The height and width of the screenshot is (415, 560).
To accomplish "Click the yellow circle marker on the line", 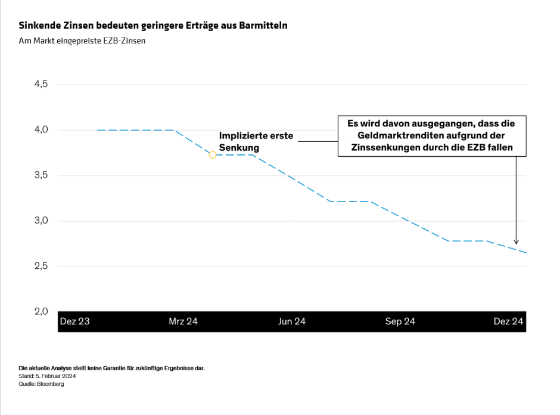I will [x=213, y=155].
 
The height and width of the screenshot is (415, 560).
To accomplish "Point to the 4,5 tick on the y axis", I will [x=41, y=84].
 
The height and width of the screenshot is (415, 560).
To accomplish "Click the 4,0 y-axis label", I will [x=41, y=130].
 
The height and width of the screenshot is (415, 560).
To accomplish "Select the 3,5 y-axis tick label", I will [x=41, y=175].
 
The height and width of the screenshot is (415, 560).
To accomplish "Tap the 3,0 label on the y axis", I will [x=41, y=221].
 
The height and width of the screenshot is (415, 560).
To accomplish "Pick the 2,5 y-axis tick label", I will [x=41, y=267].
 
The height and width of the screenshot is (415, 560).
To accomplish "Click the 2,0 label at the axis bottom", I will [x=41, y=311].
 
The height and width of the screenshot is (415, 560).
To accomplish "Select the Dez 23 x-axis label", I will [x=75, y=321].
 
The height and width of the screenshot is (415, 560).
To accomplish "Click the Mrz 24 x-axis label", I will [x=183, y=321].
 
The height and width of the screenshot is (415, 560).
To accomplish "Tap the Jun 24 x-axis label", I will [x=292, y=321].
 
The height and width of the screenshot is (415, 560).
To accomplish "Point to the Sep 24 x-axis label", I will [x=400, y=321].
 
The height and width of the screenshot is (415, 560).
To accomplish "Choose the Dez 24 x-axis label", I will [x=508, y=321].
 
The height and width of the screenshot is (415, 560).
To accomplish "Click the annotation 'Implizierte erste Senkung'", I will [x=256, y=141].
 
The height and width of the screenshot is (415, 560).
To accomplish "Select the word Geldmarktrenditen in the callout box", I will [x=396, y=135].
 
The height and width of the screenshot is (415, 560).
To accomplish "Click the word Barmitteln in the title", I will [x=263, y=26].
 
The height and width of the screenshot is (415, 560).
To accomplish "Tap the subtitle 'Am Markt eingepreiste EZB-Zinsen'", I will [x=82, y=41].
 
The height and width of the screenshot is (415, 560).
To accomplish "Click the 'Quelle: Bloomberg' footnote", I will [x=41, y=384].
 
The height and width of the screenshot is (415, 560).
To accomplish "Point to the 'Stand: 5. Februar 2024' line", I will [x=47, y=376].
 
